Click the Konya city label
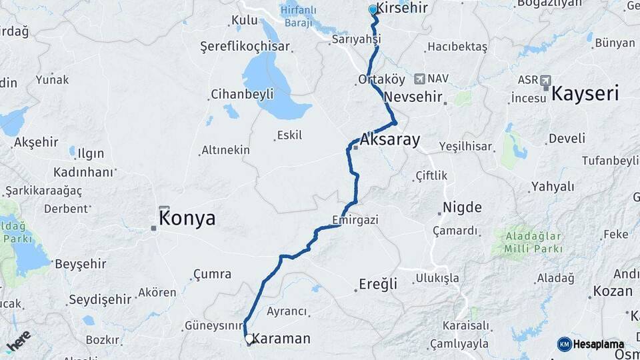(187, 219)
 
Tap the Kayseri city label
(585, 93)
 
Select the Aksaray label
(390, 140)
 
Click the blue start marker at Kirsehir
(373, 10)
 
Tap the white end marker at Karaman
(249, 339)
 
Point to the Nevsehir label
(413, 97)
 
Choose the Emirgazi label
(355, 219)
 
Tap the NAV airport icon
(419, 79)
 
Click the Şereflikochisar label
(245, 47)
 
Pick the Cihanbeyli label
(242, 94)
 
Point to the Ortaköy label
(381, 79)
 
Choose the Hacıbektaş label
(457, 47)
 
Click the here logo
(18, 341)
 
